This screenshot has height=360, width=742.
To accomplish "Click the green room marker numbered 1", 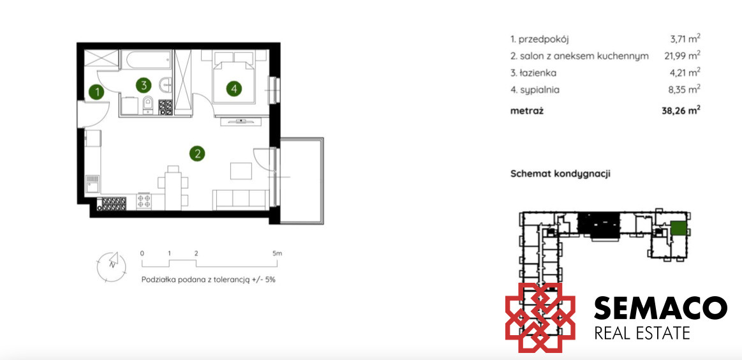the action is (x=97, y=92).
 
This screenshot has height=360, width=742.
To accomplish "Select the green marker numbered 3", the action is (x=144, y=86).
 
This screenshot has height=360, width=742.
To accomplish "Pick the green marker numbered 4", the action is (x=234, y=88).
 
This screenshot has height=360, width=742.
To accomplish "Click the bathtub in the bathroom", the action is (x=145, y=60).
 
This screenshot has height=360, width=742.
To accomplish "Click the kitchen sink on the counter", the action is (x=93, y=183).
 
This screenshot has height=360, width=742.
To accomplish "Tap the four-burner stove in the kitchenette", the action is (x=144, y=201).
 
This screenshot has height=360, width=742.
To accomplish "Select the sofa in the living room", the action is (x=240, y=199).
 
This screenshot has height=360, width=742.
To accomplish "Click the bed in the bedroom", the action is (x=234, y=77).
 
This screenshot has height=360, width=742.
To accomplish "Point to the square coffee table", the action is (x=241, y=170).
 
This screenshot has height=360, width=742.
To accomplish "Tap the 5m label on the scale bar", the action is (x=278, y=253).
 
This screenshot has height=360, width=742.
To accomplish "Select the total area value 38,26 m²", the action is (x=681, y=111).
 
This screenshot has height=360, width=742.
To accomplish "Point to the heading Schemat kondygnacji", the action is (x=560, y=174).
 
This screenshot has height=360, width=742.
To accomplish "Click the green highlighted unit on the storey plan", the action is (x=678, y=229).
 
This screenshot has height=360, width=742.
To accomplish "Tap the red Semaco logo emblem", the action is (x=540, y=318).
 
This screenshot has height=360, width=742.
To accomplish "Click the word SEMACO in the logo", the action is (x=660, y=308).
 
